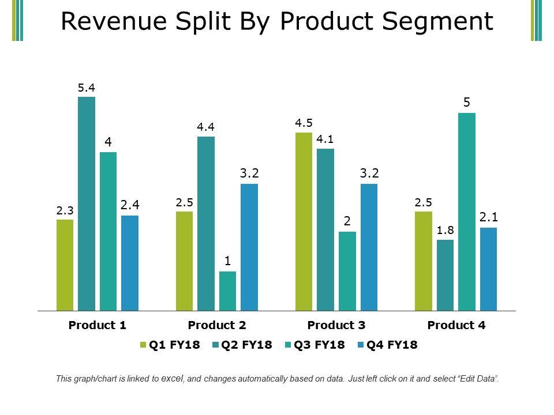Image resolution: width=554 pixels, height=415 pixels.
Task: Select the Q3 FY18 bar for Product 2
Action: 228,291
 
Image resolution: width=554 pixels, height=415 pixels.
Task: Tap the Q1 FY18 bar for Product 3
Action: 304,222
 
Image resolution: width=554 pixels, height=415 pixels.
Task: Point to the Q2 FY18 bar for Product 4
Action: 445,276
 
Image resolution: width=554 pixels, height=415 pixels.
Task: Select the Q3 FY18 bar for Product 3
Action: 347,271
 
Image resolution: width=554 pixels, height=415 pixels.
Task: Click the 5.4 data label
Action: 87,88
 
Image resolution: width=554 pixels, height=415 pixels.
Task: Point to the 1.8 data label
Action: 445,231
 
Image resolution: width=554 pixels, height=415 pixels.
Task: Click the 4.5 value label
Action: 304,123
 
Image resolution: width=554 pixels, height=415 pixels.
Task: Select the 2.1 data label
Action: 488,217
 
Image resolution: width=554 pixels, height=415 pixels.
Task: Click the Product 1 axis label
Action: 98,325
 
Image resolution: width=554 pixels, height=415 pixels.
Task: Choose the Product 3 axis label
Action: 336,325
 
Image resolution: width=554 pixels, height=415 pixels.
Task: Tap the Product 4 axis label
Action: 456,325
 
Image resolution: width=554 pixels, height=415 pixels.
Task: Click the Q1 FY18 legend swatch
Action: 143,345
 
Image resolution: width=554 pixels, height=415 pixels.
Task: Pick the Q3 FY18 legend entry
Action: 315,345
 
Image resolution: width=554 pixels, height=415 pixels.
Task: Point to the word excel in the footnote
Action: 173,379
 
